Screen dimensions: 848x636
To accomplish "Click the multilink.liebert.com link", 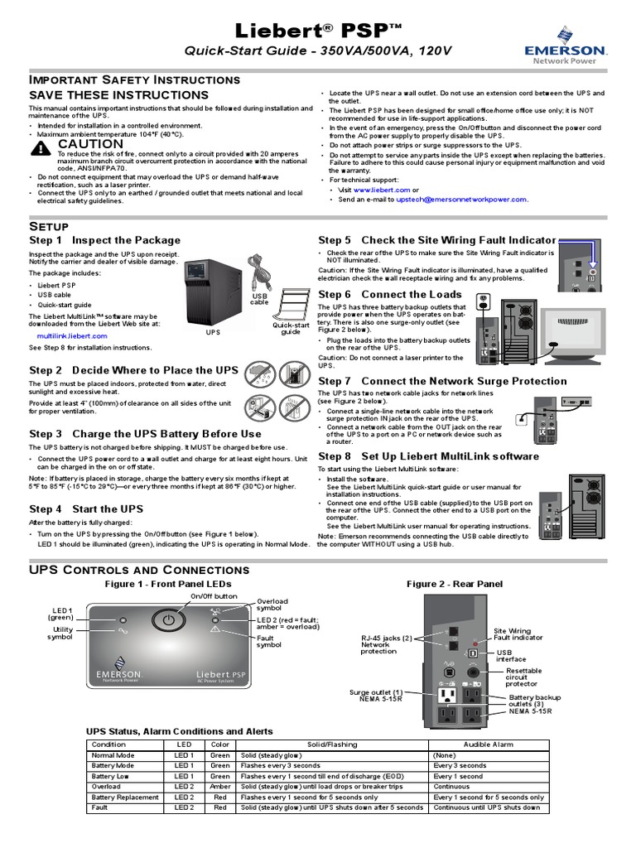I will (72, 336).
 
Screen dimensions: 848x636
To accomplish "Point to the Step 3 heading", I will (145, 434).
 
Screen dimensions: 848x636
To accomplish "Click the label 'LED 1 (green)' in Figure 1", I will (60, 613).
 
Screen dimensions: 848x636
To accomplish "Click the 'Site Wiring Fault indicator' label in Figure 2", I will (518, 634).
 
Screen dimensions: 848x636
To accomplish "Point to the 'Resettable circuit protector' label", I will (524, 677).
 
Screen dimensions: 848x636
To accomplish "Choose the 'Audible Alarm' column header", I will (488, 744).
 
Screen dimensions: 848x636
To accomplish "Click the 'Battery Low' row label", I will (110, 777).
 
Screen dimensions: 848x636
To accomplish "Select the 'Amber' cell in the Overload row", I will (219, 787).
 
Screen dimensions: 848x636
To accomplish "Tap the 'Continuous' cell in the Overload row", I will (451, 787).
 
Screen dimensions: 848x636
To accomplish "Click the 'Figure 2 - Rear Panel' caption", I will (454, 584).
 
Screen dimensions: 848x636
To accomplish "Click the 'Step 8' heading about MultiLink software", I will (428, 456).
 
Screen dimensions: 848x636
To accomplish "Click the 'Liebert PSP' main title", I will (318, 31).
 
